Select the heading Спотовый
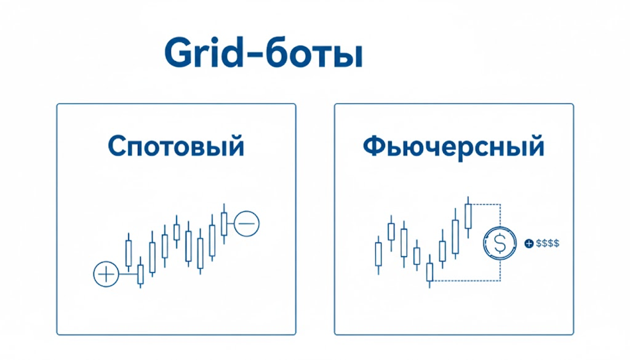click(x=176, y=146)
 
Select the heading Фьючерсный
click(x=453, y=147)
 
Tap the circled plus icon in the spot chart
click(x=106, y=274)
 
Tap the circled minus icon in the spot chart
click(x=247, y=223)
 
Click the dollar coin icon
click(x=500, y=243)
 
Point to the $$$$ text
click(x=548, y=243)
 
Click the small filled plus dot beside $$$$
click(x=529, y=243)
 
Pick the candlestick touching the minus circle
click(x=224, y=223)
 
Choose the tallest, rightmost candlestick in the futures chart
click(x=468, y=217)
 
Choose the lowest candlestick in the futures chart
click(x=429, y=271)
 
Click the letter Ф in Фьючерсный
click(x=375, y=146)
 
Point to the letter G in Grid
click(x=178, y=53)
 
